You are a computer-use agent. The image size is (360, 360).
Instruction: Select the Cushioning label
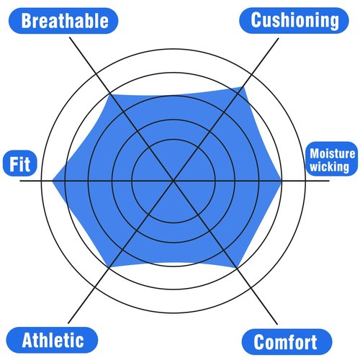[x=294, y=20]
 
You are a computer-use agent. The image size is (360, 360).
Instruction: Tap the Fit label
[x=20, y=163]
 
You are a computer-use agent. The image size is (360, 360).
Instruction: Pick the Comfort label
[x=287, y=342]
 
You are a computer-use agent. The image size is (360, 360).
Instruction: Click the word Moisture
[x=333, y=153]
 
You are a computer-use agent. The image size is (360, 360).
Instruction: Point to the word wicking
[x=330, y=166]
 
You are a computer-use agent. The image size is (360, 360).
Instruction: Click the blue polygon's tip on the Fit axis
[x=53, y=181]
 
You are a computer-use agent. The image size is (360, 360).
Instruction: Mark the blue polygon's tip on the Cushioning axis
[x=244, y=87]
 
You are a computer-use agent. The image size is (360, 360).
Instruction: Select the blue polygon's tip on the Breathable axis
[x=110, y=94]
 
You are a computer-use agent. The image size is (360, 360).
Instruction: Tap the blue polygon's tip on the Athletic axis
[x=109, y=267]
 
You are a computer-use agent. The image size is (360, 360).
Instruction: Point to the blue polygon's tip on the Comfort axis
[x=236, y=268]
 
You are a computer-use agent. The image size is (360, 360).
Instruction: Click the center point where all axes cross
[x=174, y=181]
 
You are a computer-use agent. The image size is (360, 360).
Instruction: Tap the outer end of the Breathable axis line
[x=70, y=37]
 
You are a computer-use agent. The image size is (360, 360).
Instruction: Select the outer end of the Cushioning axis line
[x=279, y=38]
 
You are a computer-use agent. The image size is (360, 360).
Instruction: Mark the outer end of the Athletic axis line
[x=68, y=323]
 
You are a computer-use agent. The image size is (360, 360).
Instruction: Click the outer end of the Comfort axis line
[x=277, y=324]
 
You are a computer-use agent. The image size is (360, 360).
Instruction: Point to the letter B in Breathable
[x=27, y=21]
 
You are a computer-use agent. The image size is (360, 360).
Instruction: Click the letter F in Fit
[x=13, y=164]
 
